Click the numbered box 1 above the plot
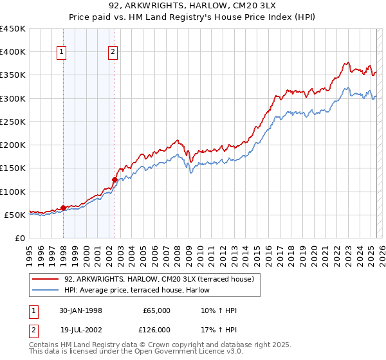point(62,53)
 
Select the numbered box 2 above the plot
point(113,53)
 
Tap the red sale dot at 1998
point(64,208)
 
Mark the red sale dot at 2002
point(115,179)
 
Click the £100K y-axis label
point(13,192)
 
